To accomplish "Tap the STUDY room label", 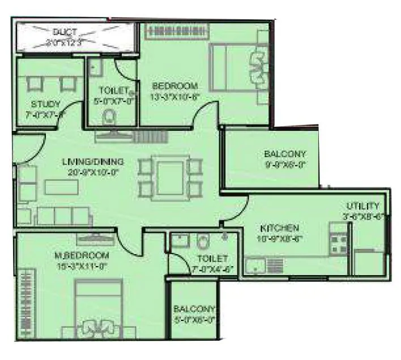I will click(45, 104).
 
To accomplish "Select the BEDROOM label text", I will click(175, 86).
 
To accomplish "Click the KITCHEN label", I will click(279, 228).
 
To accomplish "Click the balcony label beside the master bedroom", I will click(194, 310).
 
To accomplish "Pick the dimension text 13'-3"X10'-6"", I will click(176, 96).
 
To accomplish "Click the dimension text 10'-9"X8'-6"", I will click(279, 238).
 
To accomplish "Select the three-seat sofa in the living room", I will click(63, 215).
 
